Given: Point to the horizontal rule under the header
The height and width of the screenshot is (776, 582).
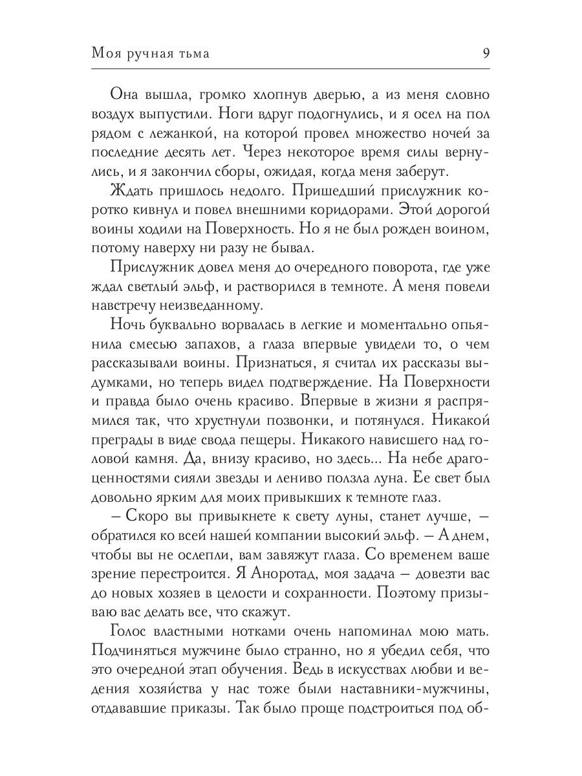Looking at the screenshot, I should point(291,69).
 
